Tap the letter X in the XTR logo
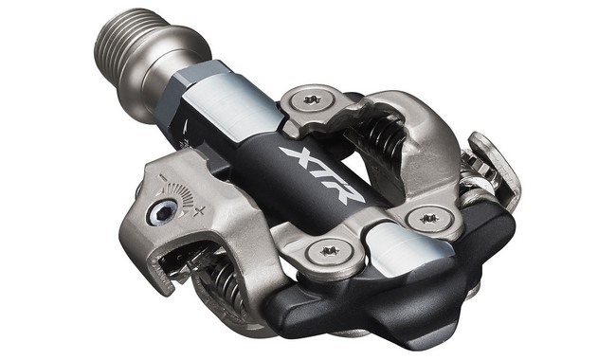[x=296, y=156]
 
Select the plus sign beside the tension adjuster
[x=199, y=212]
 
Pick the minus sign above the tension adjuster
[x=161, y=177]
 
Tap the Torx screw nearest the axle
[x=313, y=99]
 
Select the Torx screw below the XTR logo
[x=330, y=251]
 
